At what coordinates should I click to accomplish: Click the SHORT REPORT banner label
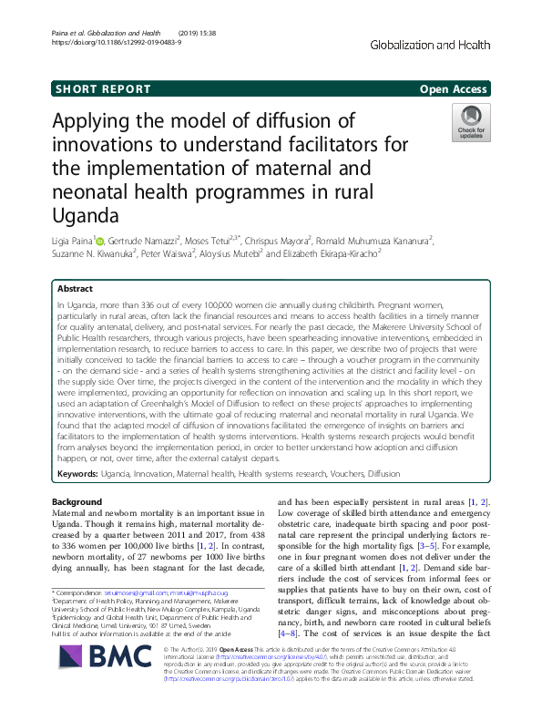(102, 89)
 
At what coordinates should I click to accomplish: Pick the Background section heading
(77, 502)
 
